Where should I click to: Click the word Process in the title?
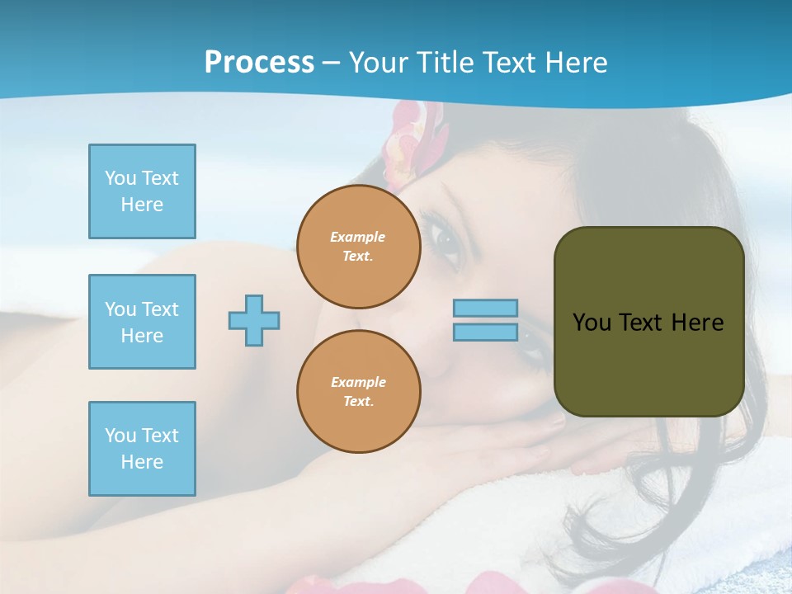259,63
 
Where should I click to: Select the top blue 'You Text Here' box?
142,191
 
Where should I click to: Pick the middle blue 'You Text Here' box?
142,322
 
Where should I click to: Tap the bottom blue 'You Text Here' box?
142,448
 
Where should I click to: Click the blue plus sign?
254,320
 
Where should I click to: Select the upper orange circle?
358,247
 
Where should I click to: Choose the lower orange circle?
358,391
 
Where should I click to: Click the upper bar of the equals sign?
486,309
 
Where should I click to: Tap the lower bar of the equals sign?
486,332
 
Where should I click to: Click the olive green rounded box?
648,322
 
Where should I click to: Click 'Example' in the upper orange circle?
358,237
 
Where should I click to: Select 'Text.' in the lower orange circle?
358,401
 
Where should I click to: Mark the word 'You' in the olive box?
592,323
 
